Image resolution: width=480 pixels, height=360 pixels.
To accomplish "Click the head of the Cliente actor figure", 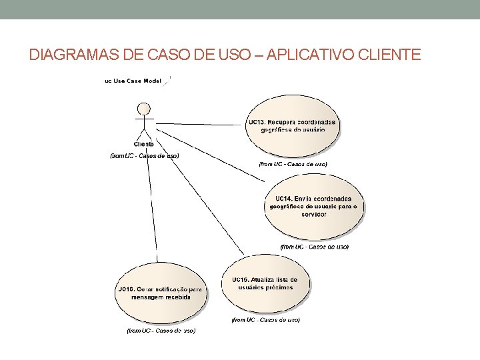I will click(143, 109).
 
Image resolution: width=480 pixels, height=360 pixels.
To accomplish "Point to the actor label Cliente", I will click(143, 143).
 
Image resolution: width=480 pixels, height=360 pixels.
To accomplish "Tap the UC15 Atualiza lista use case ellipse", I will click(265, 283).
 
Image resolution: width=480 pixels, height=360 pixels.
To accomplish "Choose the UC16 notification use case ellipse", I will click(160, 293).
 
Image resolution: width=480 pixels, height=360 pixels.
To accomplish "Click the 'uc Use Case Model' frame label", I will click(133, 81).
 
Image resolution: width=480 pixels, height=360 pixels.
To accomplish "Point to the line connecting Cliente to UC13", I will click(200, 124).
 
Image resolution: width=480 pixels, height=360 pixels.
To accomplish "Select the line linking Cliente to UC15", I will click(200, 199).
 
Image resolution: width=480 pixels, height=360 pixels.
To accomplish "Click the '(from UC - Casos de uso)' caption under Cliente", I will click(144, 156).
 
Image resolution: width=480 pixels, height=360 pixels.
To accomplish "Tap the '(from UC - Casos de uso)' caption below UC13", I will click(293, 163).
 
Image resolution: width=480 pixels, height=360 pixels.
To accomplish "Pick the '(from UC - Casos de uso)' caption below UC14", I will click(314, 247).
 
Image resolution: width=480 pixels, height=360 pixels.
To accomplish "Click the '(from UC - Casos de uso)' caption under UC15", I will click(265, 320).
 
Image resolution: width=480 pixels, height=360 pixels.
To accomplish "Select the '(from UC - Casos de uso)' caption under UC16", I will click(161, 330).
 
